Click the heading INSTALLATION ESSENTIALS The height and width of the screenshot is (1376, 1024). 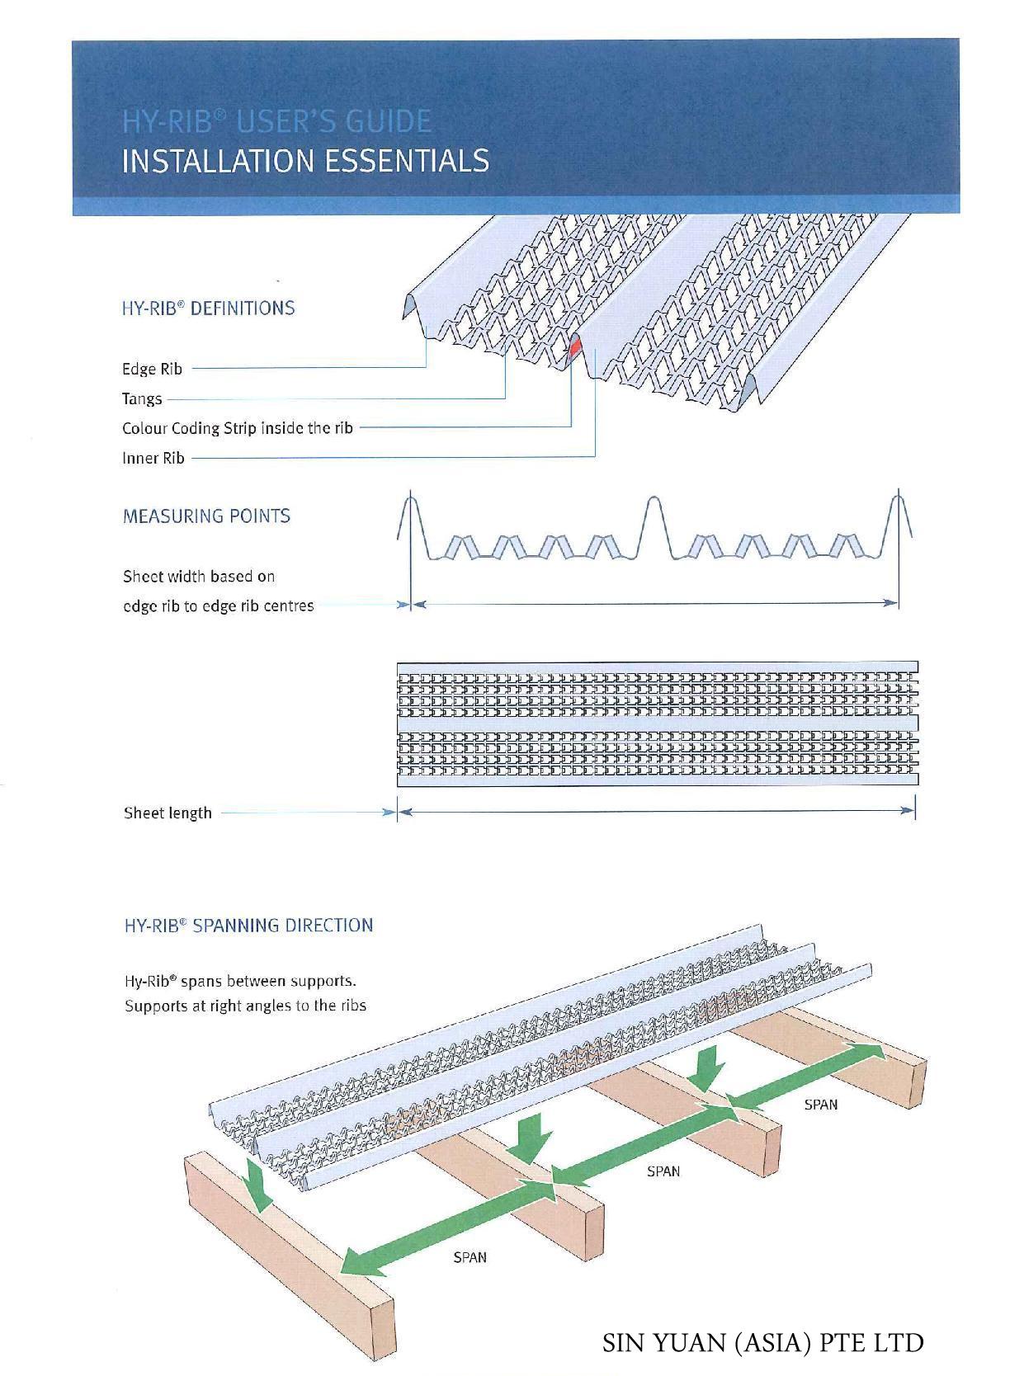tap(304, 160)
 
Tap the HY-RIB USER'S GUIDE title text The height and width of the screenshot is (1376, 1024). tap(276, 122)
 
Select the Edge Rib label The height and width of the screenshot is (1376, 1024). tap(152, 369)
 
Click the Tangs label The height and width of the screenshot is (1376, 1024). tap(142, 398)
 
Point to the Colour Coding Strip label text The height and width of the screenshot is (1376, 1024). tap(237, 428)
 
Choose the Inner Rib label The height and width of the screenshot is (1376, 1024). tap(153, 458)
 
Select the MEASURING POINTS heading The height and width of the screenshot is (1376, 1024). tap(206, 516)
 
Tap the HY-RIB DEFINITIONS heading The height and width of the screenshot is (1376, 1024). tap(208, 309)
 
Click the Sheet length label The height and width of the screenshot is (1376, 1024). tap(168, 813)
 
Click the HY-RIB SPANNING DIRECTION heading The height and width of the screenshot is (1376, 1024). tap(248, 925)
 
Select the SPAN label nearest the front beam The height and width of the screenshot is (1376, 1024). tap(470, 1257)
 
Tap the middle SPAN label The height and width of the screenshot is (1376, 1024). tap(663, 1171)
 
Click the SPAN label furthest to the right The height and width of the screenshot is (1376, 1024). tap(820, 1105)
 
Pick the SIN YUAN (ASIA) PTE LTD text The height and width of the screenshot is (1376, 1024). tap(762, 1342)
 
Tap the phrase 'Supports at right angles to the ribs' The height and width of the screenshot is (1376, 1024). tap(245, 1006)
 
